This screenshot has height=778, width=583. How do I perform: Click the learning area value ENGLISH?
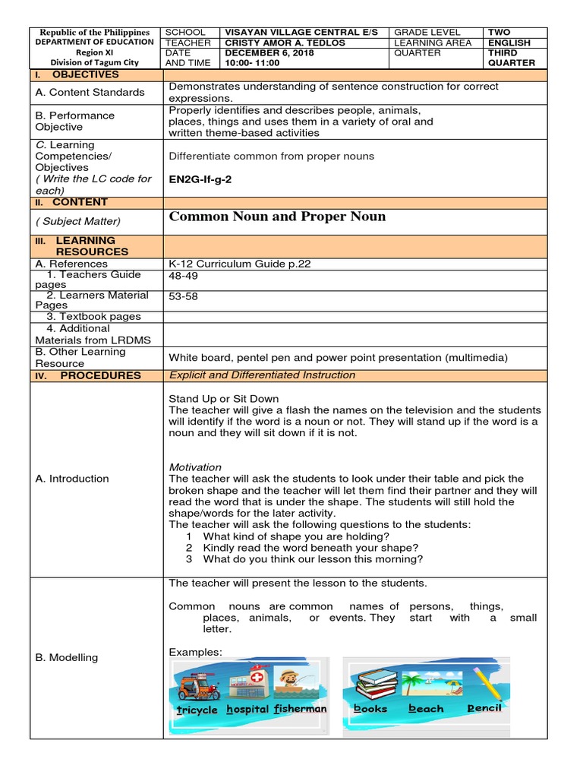click(509, 43)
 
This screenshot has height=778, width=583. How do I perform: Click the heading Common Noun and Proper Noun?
click(277, 217)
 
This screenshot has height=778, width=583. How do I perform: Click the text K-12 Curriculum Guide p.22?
click(240, 264)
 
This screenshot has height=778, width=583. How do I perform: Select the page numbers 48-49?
click(183, 276)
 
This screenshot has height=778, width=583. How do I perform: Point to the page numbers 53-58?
click(183, 296)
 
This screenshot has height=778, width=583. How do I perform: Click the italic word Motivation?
click(195, 467)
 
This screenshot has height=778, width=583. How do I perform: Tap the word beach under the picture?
click(426, 709)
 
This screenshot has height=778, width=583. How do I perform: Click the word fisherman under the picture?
click(301, 709)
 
